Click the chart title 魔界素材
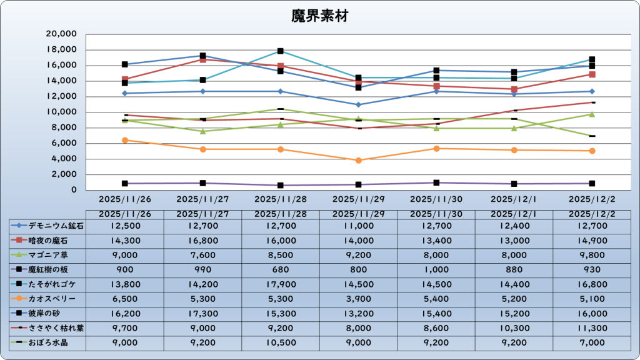(319, 16)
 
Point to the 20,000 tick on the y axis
(62, 34)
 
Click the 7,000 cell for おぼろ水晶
(592, 343)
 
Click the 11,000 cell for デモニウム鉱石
(358, 226)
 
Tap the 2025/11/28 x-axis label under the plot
(280, 200)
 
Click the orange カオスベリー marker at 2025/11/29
(358, 160)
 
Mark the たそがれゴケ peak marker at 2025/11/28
(281, 51)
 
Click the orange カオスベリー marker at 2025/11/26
(125, 140)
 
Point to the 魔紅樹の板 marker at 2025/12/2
(592, 183)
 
